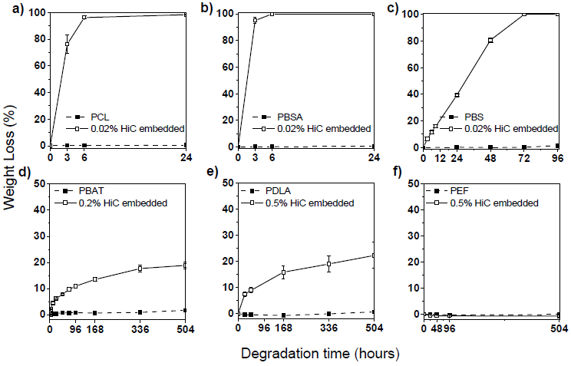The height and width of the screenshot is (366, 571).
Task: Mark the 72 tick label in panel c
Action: [x=524, y=159]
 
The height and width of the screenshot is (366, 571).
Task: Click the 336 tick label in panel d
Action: [x=140, y=331]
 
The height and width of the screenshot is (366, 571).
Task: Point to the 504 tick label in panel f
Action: [x=558, y=331]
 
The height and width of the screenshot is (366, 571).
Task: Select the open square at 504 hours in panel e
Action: [x=373, y=256]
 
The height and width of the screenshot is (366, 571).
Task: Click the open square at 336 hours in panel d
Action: [x=140, y=268]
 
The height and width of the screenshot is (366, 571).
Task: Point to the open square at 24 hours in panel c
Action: [x=457, y=95]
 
